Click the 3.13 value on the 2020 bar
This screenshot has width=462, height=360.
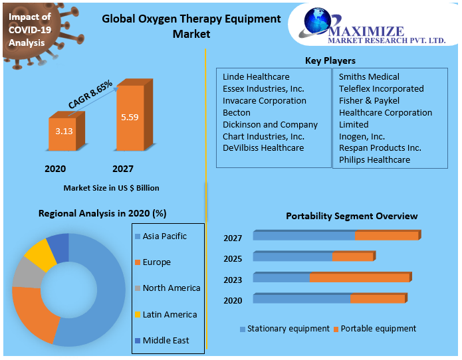click(x=64, y=131)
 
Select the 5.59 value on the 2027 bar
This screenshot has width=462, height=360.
click(x=130, y=117)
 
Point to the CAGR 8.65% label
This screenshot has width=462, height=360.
click(x=90, y=94)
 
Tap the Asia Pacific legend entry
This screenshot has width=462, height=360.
click(x=164, y=236)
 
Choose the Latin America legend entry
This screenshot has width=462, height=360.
click(x=170, y=315)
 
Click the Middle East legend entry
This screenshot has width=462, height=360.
click(x=166, y=341)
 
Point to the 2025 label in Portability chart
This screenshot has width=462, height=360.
click(x=233, y=259)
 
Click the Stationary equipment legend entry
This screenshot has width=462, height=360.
click(x=288, y=329)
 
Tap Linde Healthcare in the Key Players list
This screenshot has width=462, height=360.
click(x=256, y=77)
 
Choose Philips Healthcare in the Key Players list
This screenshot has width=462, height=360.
click(x=374, y=160)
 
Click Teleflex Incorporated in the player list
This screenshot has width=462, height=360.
click(x=381, y=89)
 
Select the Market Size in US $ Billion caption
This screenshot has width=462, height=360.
click(x=111, y=188)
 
